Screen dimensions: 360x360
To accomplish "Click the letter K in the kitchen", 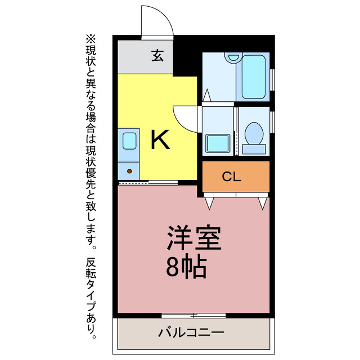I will point(160,139).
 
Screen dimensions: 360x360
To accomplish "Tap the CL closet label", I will point(231,177).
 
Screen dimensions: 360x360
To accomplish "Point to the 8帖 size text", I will point(186,268).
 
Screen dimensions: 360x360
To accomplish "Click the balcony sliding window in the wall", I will point(193,314).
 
